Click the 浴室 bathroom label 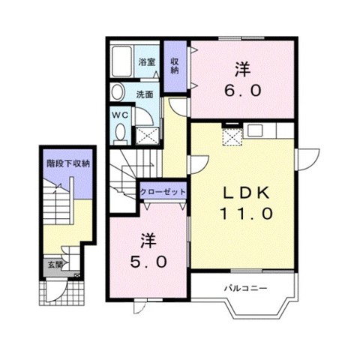[x=147, y=61]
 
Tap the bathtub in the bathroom [x=121, y=61]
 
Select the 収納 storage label [x=175, y=65]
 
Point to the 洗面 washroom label [x=145, y=94]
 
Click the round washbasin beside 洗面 [x=118, y=92]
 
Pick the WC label [x=120, y=115]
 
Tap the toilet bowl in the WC [x=121, y=133]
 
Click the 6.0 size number [x=242, y=90]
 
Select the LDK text [x=247, y=193]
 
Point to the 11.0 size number [x=246, y=214]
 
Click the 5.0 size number [x=148, y=262]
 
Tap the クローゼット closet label [x=163, y=192]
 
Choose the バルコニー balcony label [x=245, y=288]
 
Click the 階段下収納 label [x=68, y=163]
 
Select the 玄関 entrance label [x=55, y=265]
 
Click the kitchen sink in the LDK [x=255, y=130]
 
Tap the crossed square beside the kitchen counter [x=232, y=136]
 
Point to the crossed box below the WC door [x=147, y=136]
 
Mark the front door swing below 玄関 [x=56, y=292]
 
